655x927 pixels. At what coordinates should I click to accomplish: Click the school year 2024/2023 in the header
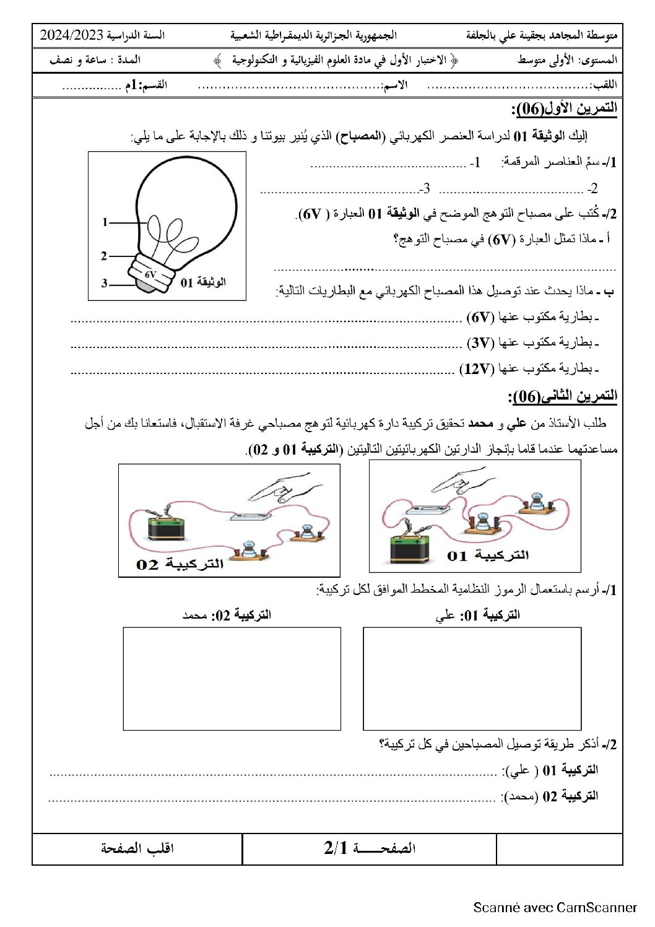coord(71,35)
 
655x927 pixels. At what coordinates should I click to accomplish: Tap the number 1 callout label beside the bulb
coord(105,222)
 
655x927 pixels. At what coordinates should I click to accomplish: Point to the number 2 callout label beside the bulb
coord(104,255)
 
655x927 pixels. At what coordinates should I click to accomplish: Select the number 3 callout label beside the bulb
coord(105,283)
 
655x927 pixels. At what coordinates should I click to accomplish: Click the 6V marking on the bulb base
coord(151,274)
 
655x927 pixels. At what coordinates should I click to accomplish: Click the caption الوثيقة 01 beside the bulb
coord(203,282)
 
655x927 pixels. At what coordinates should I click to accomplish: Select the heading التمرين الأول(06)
coord(564,110)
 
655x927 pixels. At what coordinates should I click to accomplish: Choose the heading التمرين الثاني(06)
coord(562,396)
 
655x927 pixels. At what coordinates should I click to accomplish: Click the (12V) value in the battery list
coord(476,370)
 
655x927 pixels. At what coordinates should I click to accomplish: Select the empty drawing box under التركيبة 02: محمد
coord(232,679)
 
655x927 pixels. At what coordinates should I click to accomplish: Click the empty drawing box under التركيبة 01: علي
coord(472,679)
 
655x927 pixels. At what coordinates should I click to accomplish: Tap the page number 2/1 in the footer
coord(337,848)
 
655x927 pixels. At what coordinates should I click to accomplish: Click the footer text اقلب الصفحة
coord(137,848)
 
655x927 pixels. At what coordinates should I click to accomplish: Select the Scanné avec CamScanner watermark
coord(555,907)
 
